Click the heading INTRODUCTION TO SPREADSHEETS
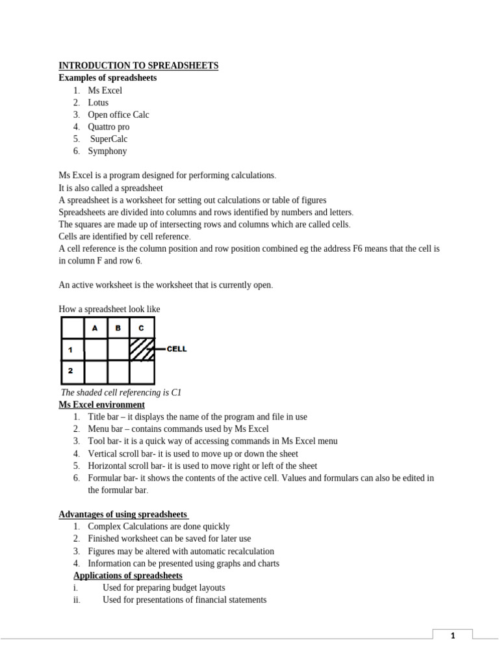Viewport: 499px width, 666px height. [x=138, y=66]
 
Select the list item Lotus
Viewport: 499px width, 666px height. [x=98, y=103]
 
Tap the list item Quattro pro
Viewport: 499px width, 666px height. [x=109, y=127]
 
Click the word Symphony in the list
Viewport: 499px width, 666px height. [x=107, y=151]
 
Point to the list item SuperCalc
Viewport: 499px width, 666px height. [x=109, y=139]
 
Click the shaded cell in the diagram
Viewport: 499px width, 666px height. [x=142, y=349]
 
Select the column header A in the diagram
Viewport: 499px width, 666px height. [x=96, y=328]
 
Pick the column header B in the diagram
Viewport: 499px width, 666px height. [x=118, y=328]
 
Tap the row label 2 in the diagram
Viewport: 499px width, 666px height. [x=70, y=371]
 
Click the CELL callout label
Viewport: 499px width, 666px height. [x=177, y=349]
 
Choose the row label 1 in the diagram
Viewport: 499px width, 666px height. [x=70, y=350]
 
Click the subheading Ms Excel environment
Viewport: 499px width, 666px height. [x=101, y=405]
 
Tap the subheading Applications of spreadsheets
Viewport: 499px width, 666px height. [x=127, y=576]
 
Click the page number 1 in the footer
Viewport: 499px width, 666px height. [x=452, y=636]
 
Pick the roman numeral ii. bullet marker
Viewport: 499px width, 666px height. [x=77, y=600]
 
